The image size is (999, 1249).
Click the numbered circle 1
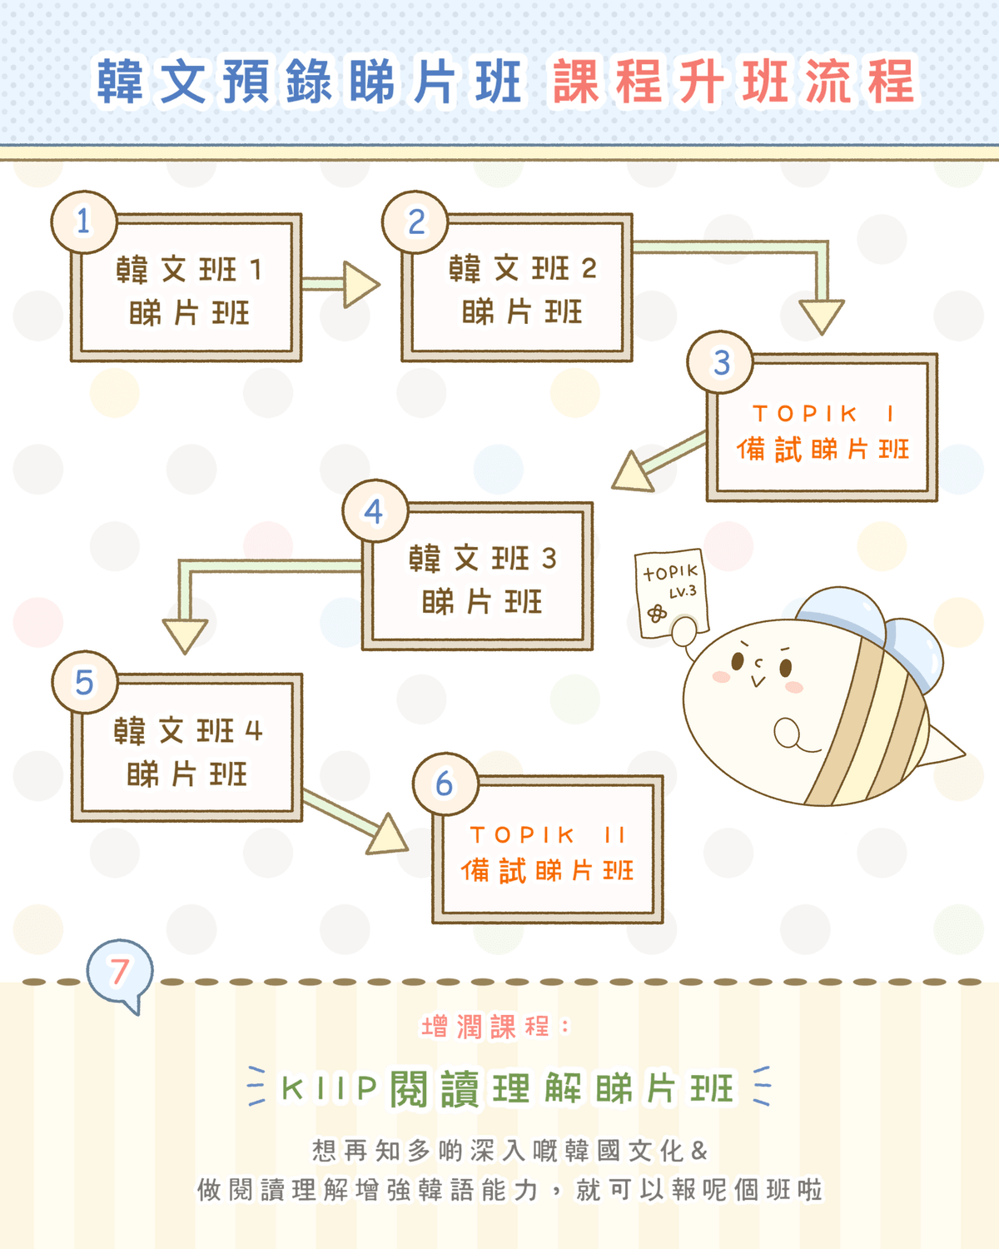coord(84,221)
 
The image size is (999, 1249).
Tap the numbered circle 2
coord(415,221)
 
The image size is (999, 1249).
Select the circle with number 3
coord(720,362)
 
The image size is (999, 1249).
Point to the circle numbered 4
coord(375,510)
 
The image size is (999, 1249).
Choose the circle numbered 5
coord(85,682)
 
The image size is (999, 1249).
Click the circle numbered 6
coord(445,784)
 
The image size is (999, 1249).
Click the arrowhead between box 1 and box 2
coord(360,285)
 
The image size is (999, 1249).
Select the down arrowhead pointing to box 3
coord(822,315)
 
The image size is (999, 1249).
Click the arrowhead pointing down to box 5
coord(185,635)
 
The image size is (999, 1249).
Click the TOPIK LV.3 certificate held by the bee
coord(671,593)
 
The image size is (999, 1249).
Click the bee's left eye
coord(738,661)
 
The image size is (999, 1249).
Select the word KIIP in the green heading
coord(329,1087)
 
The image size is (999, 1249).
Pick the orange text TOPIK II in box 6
coord(547,835)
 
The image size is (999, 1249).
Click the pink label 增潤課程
coord(485,1027)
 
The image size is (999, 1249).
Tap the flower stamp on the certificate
coord(657,613)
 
